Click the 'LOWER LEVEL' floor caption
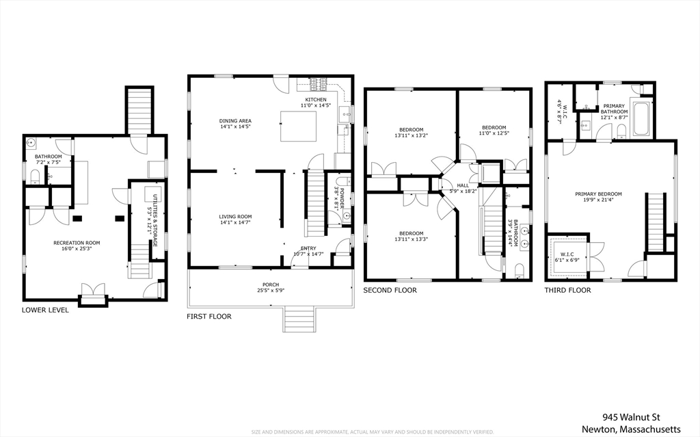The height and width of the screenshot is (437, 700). (x=45, y=310)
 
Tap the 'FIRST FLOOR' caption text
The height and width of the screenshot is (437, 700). (x=209, y=317)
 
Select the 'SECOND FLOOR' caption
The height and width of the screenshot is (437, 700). (x=390, y=290)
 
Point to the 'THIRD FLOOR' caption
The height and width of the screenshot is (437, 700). (x=567, y=290)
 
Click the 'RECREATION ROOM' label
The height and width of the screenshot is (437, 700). (x=77, y=243)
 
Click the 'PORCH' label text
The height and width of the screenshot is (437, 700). (x=271, y=284)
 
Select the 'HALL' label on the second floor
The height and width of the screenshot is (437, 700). (x=463, y=185)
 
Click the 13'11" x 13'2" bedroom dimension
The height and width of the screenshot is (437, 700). (x=411, y=135)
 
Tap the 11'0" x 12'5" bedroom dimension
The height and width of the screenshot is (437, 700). (x=494, y=133)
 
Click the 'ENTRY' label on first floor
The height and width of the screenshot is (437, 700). (x=308, y=248)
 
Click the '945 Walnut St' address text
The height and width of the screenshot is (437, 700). (x=632, y=416)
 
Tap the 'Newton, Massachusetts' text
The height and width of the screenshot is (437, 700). (x=631, y=429)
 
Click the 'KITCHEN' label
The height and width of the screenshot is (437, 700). (x=316, y=99)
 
